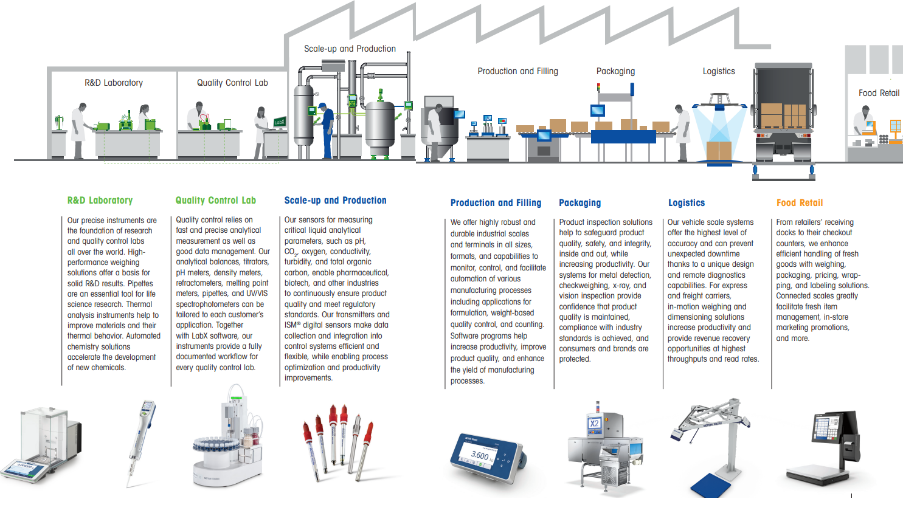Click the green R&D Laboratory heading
(100, 201)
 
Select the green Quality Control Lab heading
(215, 201)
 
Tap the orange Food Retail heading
(799, 203)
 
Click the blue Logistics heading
(686, 203)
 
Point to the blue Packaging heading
(580, 203)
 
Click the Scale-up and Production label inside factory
(350, 49)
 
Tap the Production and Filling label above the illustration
(517, 71)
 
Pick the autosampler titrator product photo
(228, 441)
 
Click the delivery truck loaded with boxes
(783, 119)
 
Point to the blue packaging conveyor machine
(623, 137)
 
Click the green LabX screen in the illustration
(279, 122)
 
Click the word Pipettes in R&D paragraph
(140, 283)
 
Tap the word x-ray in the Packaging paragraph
(621, 286)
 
